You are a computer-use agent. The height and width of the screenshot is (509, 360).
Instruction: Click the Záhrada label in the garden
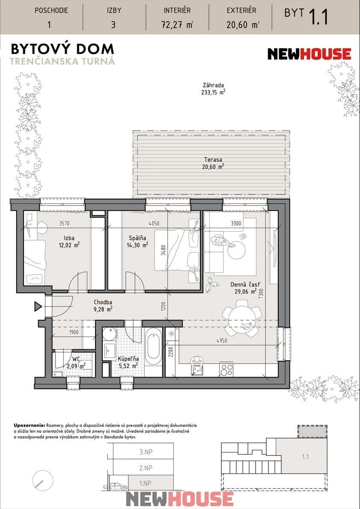pos(213,85)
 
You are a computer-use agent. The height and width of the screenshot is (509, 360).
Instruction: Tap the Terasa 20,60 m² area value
pos(213,167)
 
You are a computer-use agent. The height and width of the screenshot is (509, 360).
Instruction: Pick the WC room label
pos(76,359)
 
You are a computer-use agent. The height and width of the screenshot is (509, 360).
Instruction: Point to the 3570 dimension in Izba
pos(64,223)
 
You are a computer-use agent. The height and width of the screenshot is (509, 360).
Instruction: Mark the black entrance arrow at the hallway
pos(38,306)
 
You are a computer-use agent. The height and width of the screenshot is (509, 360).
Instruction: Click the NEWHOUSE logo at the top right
pos(309,54)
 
